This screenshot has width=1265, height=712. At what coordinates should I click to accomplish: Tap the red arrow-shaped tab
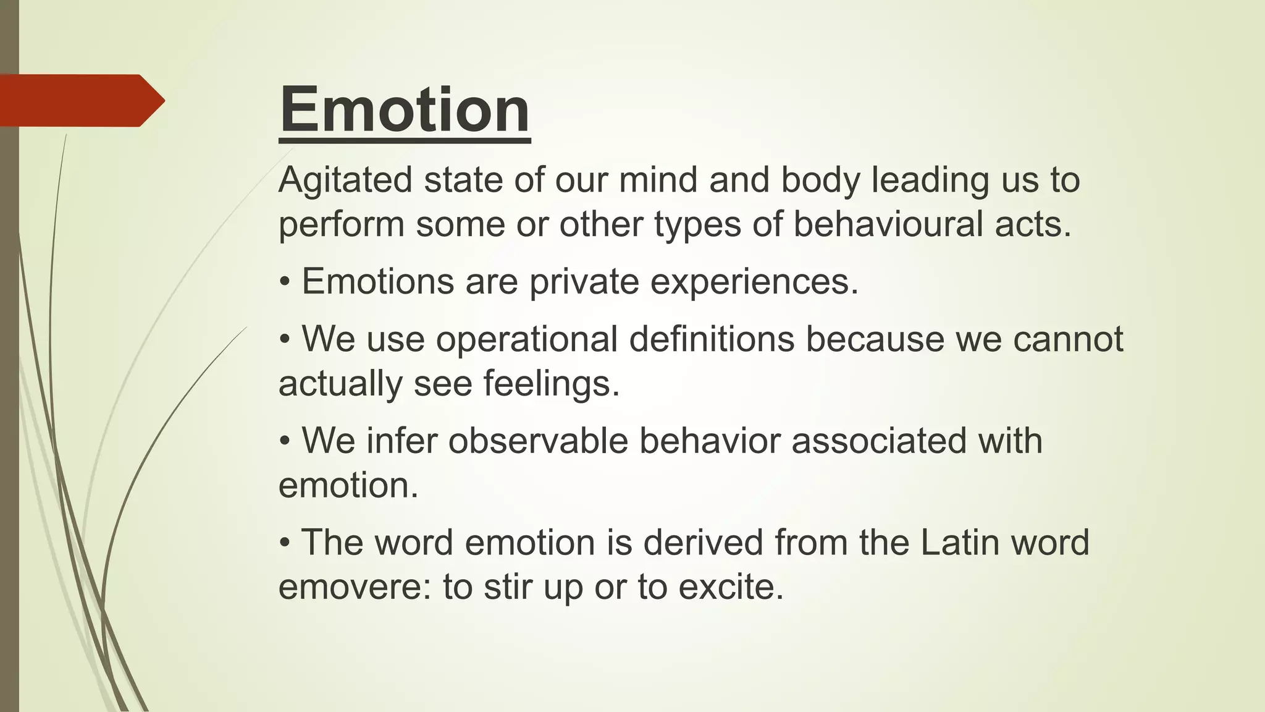click(x=80, y=100)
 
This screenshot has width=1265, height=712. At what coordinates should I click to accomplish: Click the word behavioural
click(x=889, y=224)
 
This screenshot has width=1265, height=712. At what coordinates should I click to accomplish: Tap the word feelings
click(x=552, y=383)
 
